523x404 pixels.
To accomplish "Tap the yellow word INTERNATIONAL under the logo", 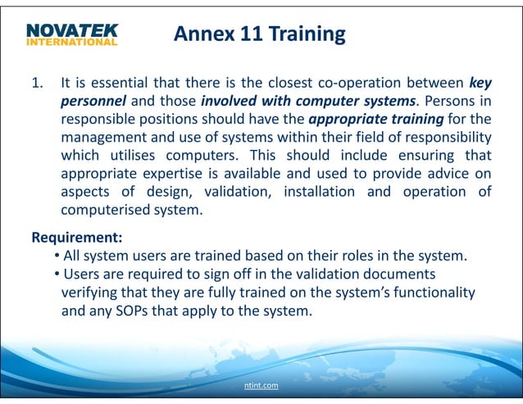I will (x=71, y=42).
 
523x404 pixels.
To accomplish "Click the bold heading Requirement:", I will (x=77, y=238).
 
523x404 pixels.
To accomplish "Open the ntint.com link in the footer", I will (x=261, y=384).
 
